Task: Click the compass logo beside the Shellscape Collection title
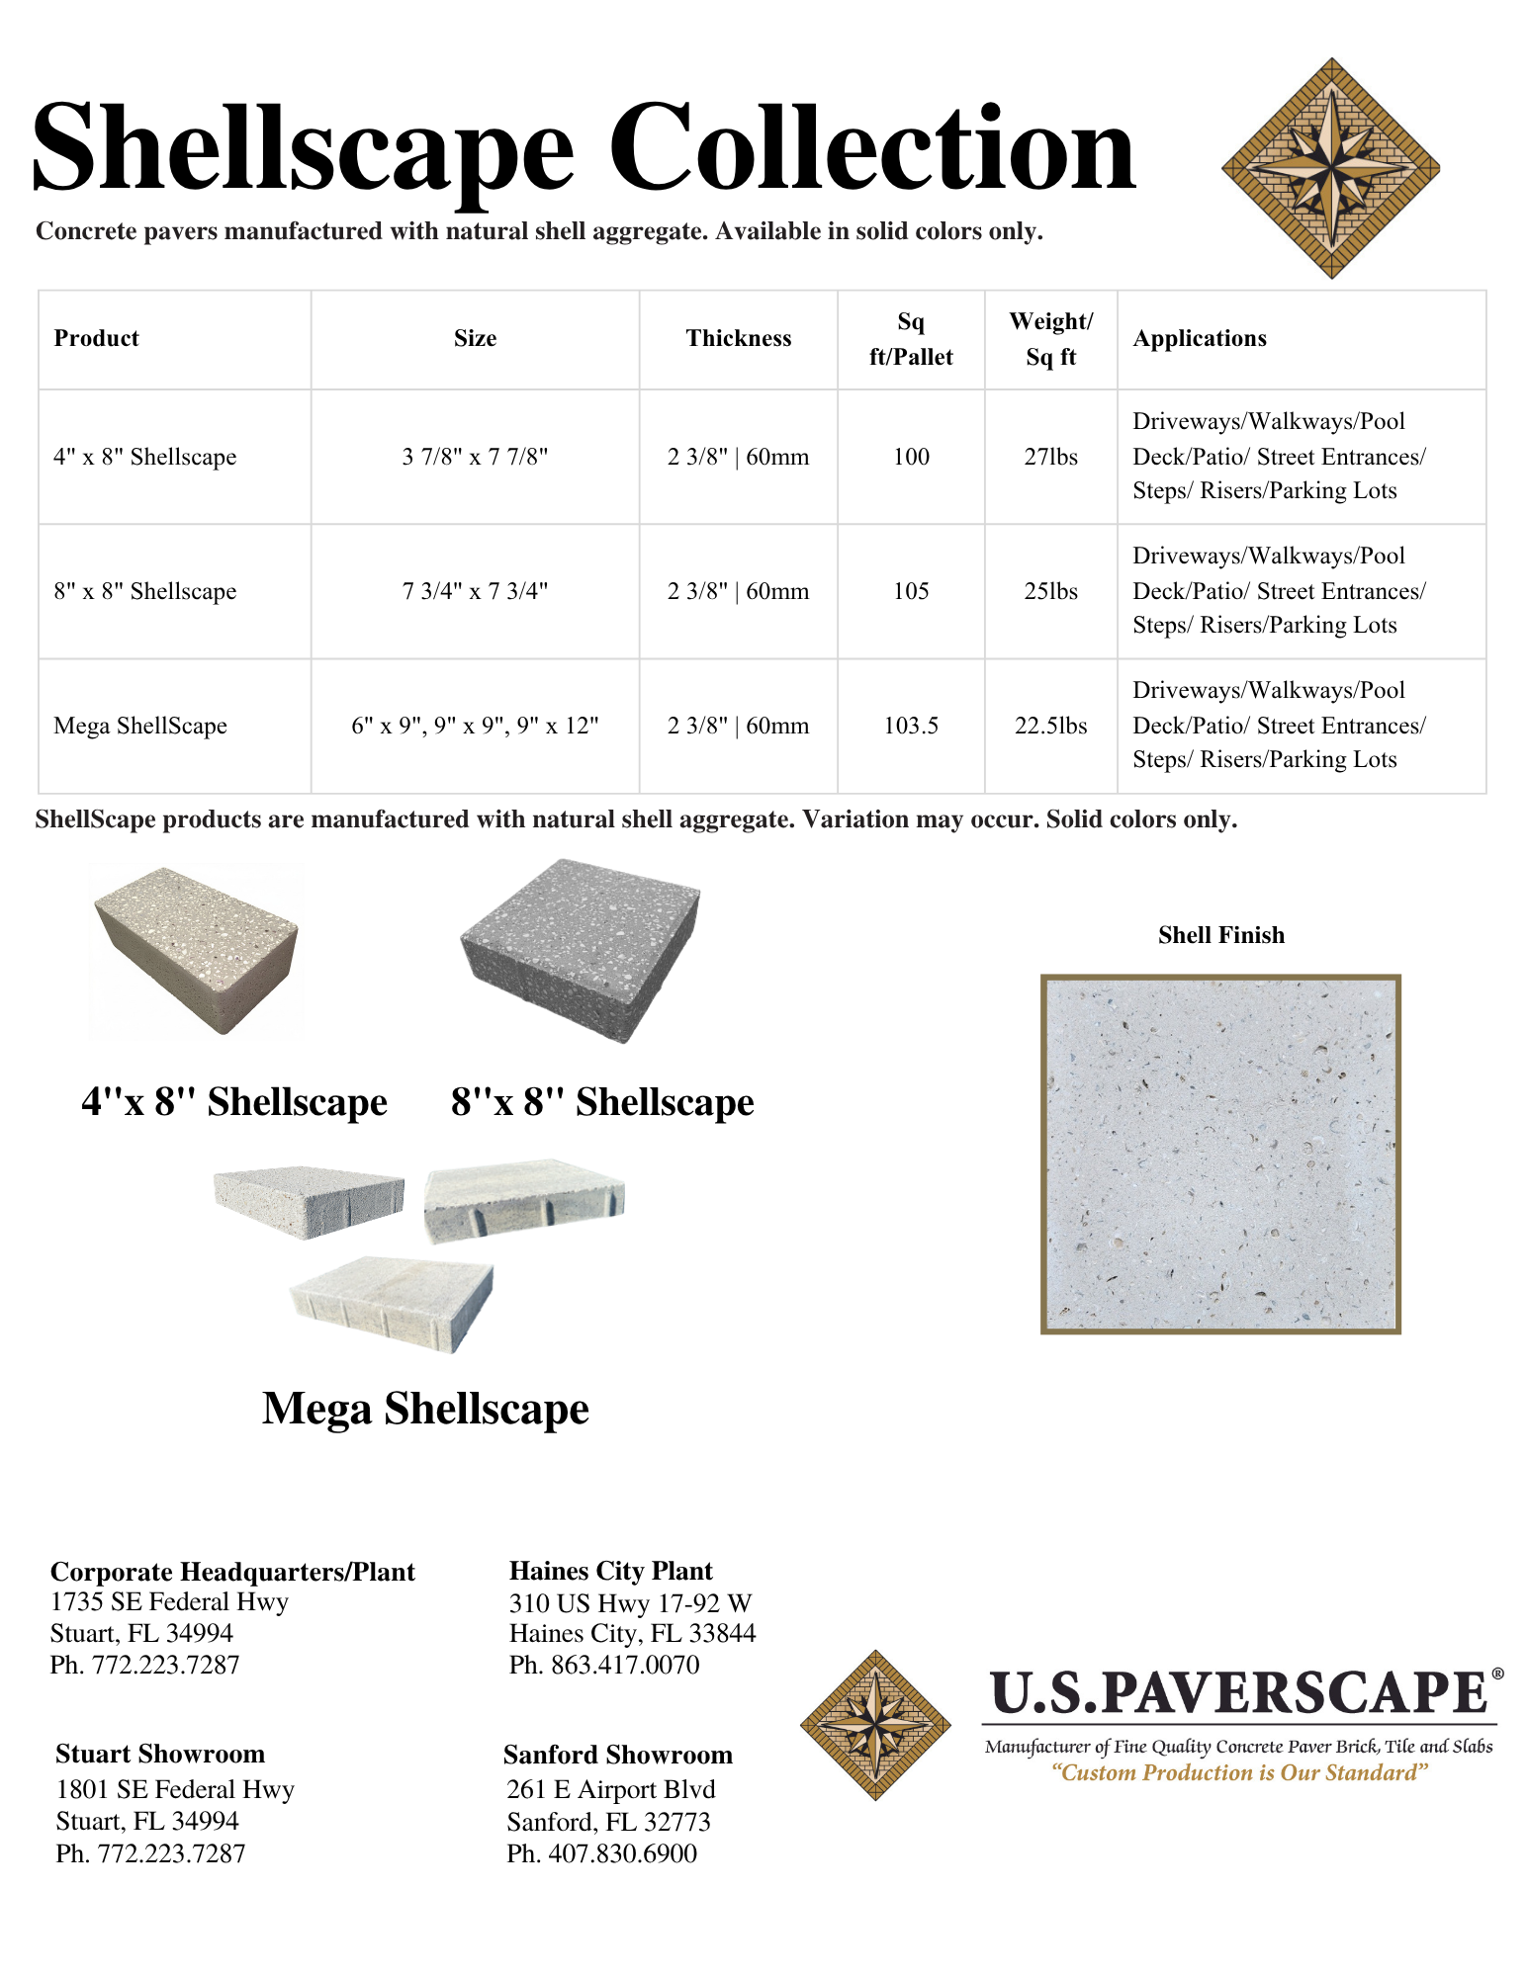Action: point(1330,168)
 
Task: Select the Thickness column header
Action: point(739,338)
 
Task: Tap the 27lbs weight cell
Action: point(1050,457)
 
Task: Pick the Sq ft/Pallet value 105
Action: point(911,591)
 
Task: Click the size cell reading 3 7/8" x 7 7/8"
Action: point(475,457)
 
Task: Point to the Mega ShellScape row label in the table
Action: point(140,726)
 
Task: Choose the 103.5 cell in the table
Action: point(911,726)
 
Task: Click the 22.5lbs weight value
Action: point(1050,726)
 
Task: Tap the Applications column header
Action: point(1200,338)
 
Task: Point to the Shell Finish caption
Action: point(1221,935)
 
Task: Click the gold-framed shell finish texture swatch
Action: point(1220,1154)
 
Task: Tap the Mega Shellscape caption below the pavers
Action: point(425,1409)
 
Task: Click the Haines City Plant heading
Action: point(611,1571)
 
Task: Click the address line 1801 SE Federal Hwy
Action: point(175,1789)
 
